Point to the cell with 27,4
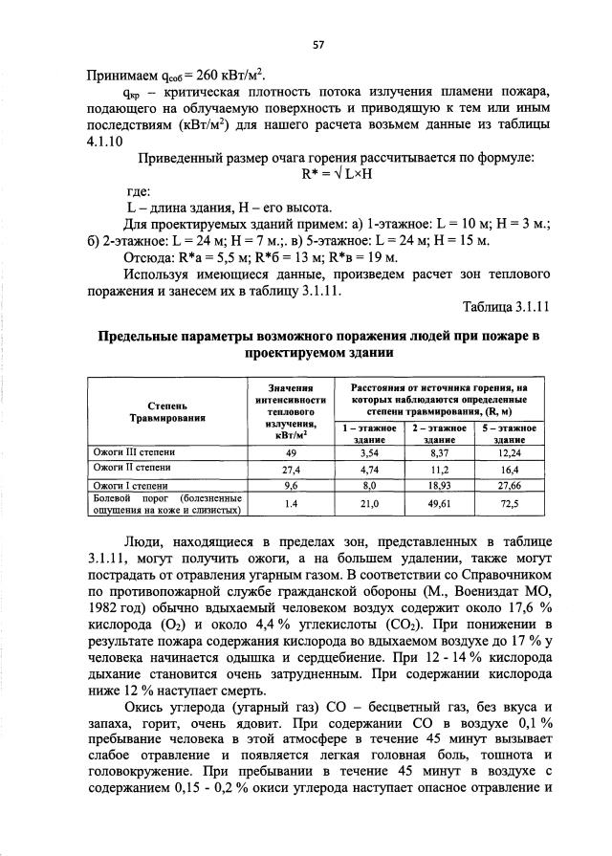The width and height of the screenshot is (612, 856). (292, 469)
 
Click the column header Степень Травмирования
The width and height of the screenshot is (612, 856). (167, 411)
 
